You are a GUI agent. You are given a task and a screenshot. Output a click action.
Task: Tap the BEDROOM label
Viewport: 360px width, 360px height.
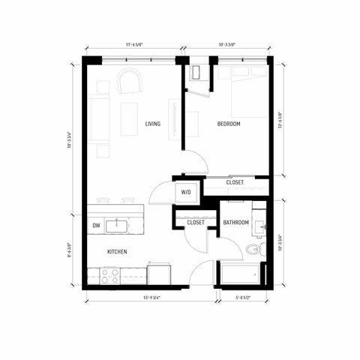[x=229, y=124]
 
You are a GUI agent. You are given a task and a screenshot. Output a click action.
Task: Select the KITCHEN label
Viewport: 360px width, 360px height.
[x=116, y=252]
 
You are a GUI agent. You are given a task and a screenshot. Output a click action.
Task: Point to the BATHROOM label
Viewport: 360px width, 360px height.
[x=237, y=223]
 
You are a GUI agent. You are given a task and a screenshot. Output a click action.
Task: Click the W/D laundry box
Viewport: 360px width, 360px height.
[x=185, y=193]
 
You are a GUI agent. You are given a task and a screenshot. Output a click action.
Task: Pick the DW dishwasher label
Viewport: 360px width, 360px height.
[x=96, y=224]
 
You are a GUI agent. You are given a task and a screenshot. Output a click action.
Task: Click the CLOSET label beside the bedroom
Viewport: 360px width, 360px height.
[x=234, y=181]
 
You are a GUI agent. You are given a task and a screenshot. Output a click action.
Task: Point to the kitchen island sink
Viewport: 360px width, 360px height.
[x=118, y=224]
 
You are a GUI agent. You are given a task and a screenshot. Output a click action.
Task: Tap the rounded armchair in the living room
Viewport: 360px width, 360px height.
[x=128, y=81]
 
